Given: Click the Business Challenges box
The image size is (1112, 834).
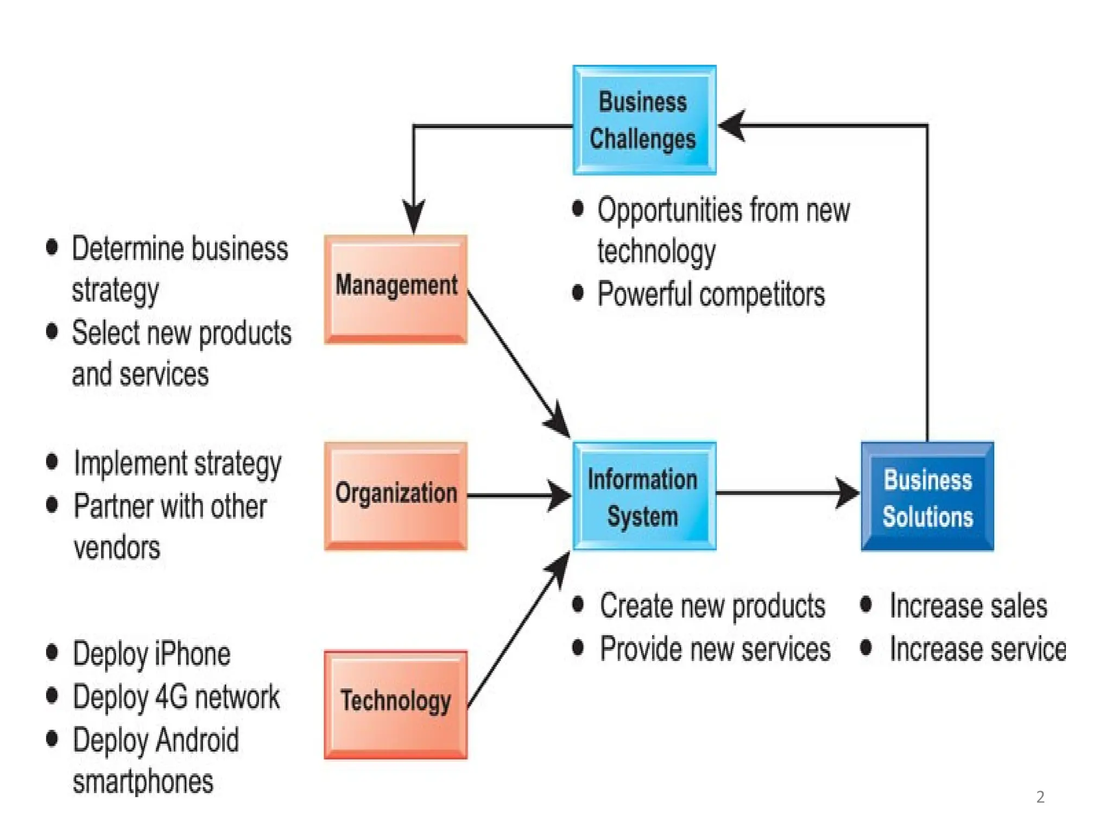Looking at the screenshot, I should [x=644, y=120].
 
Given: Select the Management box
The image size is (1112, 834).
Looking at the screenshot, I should [x=396, y=289].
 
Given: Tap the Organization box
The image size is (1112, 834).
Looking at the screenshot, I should [x=396, y=496].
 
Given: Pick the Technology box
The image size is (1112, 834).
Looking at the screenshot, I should [x=396, y=704].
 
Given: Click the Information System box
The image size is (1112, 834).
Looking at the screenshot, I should [x=644, y=496].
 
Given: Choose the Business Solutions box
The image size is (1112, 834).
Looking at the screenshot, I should [x=927, y=496].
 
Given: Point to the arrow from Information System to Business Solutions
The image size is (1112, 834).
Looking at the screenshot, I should [x=787, y=493].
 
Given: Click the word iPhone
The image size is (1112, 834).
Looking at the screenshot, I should [x=192, y=654].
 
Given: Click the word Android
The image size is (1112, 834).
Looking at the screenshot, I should [x=198, y=740].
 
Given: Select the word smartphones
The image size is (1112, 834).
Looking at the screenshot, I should [x=143, y=782].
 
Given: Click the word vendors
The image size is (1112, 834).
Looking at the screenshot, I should [x=117, y=547].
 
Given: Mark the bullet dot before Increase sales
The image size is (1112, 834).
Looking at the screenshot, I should [x=866, y=604].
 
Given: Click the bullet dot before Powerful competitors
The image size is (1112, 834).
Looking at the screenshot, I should [x=578, y=293].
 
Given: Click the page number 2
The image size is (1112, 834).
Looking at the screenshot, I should [x=1040, y=797].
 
